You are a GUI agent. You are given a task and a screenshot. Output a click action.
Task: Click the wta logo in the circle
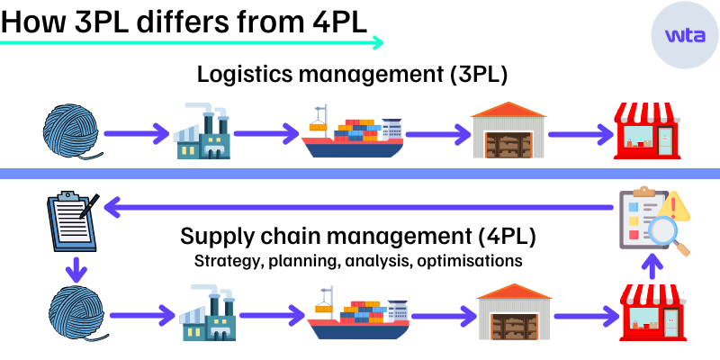(685, 35)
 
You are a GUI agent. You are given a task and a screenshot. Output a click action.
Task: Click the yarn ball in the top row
(71, 131)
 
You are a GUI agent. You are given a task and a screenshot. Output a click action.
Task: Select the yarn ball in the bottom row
(76, 314)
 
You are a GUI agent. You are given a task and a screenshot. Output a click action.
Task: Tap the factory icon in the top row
(202, 132)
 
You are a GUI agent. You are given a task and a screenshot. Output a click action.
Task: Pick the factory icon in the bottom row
(209, 314)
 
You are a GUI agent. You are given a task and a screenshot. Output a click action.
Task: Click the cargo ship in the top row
(353, 133)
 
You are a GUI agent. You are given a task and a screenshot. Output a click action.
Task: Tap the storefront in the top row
(647, 130)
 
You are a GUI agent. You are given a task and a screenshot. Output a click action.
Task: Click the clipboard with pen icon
(73, 220)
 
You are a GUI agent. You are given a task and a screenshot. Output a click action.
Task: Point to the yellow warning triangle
(674, 206)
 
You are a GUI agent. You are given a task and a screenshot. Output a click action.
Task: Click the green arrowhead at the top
(378, 42)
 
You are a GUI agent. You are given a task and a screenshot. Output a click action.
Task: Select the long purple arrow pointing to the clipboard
(360, 208)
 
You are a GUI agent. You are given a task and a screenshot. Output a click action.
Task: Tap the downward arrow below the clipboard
(76, 269)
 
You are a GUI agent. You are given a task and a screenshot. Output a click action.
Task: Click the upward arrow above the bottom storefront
(653, 265)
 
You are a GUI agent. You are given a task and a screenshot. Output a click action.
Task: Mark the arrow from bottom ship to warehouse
(442, 316)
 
